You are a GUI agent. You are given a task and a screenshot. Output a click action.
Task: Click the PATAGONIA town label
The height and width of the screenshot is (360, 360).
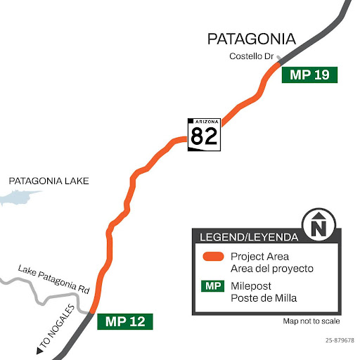click(x=251, y=39)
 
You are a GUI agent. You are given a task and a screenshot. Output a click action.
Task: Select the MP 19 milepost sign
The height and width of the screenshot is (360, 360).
click(x=309, y=75)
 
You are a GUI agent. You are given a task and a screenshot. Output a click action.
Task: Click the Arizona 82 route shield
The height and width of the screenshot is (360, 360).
click(x=205, y=134)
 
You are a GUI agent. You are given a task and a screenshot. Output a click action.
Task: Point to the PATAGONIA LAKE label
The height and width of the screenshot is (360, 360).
click(x=49, y=181)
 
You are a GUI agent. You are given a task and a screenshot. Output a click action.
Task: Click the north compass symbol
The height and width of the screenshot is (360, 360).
click(x=320, y=224)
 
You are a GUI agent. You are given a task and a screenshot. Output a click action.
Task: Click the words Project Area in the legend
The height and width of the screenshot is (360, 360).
click(x=259, y=257)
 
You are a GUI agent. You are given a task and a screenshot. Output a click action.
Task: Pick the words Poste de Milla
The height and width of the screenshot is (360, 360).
click(x=263, y=298)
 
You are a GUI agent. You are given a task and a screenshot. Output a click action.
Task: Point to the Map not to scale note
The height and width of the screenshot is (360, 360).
click(x=311, y=321)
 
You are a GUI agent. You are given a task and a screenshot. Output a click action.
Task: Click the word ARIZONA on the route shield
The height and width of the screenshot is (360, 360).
click(x=205, y=122)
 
